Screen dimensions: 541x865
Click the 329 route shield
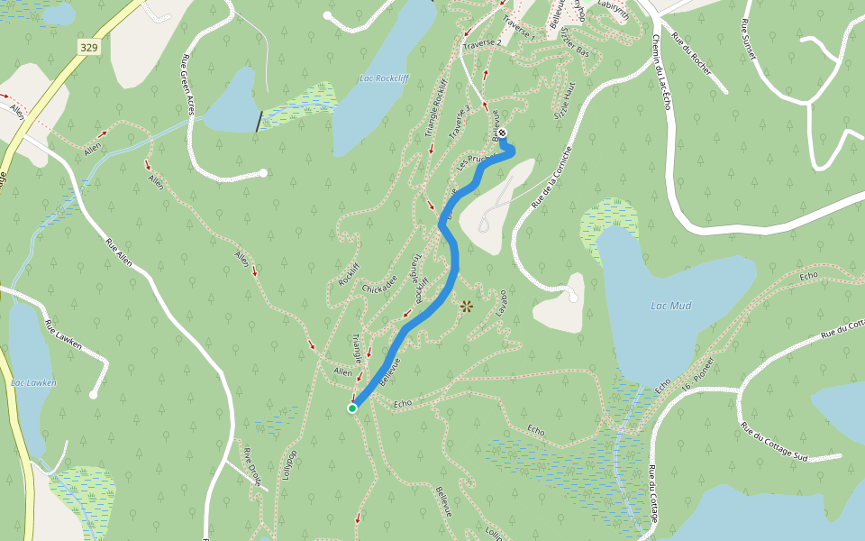[x=87, y=48]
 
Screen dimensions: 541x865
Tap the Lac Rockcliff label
[x=384, y=78]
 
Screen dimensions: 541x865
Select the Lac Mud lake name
[x=670, y=306]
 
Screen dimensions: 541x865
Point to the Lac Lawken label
[x=33, y=382]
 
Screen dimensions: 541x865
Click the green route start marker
[x=352, y=408]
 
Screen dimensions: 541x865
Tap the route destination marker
[x=502, y=133]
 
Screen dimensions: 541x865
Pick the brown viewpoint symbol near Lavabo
[x=466, y=307]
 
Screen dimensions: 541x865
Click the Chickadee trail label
[x=379, y=284]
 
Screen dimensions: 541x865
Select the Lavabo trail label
[x=502, y=303]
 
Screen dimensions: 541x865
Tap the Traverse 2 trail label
[x=481, y=43]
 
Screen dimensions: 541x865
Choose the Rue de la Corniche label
[x=551, y=178]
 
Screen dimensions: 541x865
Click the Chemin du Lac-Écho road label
[x=660, y=73]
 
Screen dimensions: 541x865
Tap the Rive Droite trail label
[x=251, y=465]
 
